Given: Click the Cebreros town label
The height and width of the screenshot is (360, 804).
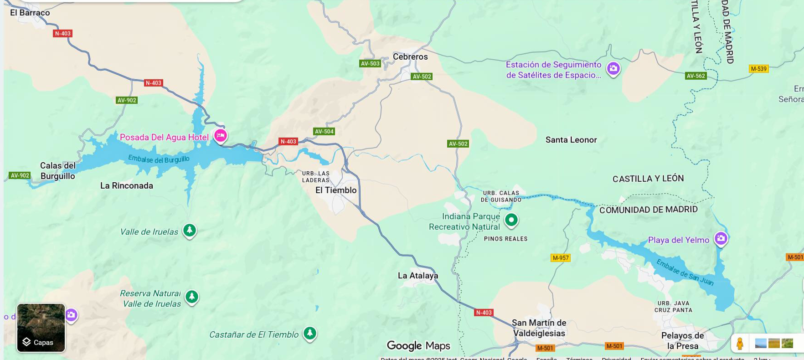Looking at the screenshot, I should [410, 57].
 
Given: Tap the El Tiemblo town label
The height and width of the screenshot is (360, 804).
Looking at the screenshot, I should [336, 190].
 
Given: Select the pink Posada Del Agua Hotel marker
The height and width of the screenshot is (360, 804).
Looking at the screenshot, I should [221, 135].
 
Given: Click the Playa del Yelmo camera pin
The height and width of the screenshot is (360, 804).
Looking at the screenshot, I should [721, 238].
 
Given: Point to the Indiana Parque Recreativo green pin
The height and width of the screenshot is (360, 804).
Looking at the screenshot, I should [511, 220].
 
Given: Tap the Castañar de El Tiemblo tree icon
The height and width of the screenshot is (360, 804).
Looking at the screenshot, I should [310, 333].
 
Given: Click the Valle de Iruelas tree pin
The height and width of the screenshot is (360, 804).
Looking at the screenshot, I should [190, 230].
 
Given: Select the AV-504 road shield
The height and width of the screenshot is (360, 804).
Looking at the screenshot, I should [324, 131].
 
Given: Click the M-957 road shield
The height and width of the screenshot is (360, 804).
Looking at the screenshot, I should [561, 258].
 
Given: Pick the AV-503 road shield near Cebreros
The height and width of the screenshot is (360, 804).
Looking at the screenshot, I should [370, 63].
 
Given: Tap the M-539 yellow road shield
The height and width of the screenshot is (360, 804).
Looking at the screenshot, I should [758, 69].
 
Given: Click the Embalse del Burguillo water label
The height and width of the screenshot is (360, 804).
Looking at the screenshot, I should [159, 159].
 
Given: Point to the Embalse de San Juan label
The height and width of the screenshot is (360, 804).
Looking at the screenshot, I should [685, 272].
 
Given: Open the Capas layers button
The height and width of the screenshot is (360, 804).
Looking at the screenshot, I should [41, 328].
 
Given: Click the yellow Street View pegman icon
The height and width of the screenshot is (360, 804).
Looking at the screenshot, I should [740, 343].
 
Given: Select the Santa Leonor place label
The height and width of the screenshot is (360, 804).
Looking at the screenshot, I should [571, 140].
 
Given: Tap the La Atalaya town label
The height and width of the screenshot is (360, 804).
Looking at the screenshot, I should [418, 275].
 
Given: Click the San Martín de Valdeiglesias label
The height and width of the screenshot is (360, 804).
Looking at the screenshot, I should [539, 328].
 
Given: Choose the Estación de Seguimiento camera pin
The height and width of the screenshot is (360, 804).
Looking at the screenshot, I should [613, 68].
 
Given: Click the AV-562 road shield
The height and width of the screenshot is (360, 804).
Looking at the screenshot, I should [696, 76].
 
